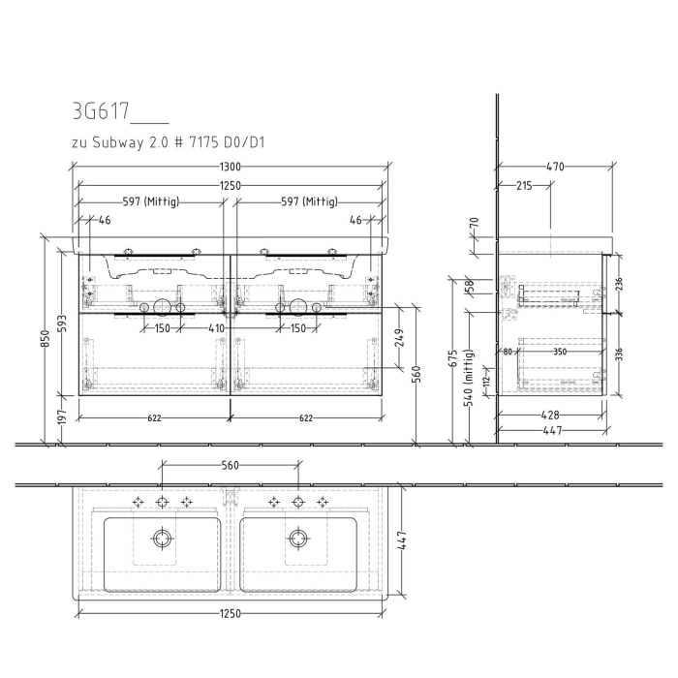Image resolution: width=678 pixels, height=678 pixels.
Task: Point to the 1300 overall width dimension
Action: [230, 168]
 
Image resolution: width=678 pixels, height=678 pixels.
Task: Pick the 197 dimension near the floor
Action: [61, 416]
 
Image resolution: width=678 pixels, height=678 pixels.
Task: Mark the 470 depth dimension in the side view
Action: [555, 168]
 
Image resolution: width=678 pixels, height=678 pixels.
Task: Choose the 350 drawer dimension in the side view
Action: [560, 353]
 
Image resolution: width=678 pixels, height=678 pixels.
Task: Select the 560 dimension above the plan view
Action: [230, 465]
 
